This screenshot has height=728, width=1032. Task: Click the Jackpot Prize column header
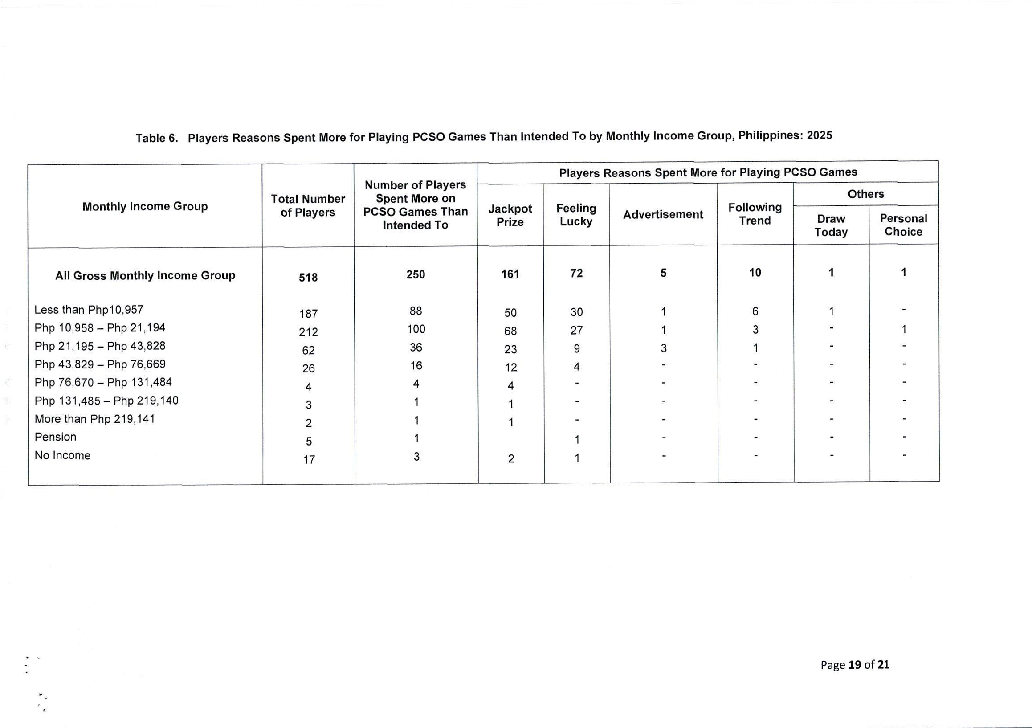pyautogui.click(x=510, y=215)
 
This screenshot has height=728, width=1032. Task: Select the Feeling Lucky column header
pyautogui.click(x=576, y=214)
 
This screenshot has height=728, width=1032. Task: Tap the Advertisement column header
pyautogui.click(x=663, y=214)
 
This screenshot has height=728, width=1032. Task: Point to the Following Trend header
pyautogui.click(x=755, y=214)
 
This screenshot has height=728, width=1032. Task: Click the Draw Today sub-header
pyautogui.click(x=831, y=225)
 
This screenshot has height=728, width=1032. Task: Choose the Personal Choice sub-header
pyautogui.click(x=903, y=225)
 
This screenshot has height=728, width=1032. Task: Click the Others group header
pyautogui.click(x=866, y=194)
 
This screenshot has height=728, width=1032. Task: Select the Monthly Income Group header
pyautogui.click(x=145, y=206)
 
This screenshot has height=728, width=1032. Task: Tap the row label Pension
pyautogui.click(x=55, y=437)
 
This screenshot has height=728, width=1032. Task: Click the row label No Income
pyautogui.click(x=62, y=455)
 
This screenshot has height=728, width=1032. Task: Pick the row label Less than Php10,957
pyautogui.click(x=89, y=310)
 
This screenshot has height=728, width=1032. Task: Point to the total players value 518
pyautogui.click(x=308, y=278)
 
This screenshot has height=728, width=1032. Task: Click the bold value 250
pyautogui.click(x=415, y=274)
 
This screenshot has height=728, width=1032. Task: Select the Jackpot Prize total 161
pyautogui.click(x=510, y=274)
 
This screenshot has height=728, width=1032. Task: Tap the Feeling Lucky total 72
pyautogui.click(x=576, y=274)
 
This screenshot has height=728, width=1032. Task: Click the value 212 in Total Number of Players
pyautogui.click(x=308, y=332)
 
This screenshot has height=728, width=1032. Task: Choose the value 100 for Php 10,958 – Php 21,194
pyautogui.click(x=416, y=329)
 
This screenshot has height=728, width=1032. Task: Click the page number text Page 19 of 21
pyautogui.click(x=854, y=665)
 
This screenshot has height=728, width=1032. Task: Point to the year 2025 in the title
pyautogui.click(x=819, y=135)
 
